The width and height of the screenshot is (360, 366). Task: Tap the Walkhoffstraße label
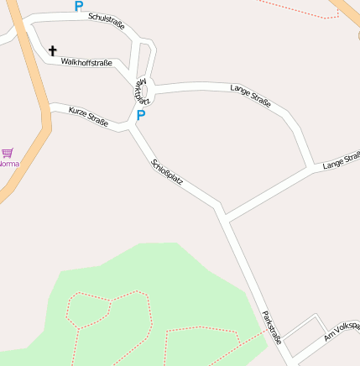click(86, 62)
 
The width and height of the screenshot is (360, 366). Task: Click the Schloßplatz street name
click(167, 172)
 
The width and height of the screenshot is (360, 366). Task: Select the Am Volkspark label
click(342, 331)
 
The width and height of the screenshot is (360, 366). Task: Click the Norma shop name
click(8, 164)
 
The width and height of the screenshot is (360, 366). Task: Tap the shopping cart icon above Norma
click(8, 153)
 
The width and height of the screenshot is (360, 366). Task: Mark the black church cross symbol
click(53, 51)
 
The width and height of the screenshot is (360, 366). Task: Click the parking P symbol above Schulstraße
click(79, 7)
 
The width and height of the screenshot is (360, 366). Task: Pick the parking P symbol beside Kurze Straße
click(141, 116)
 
